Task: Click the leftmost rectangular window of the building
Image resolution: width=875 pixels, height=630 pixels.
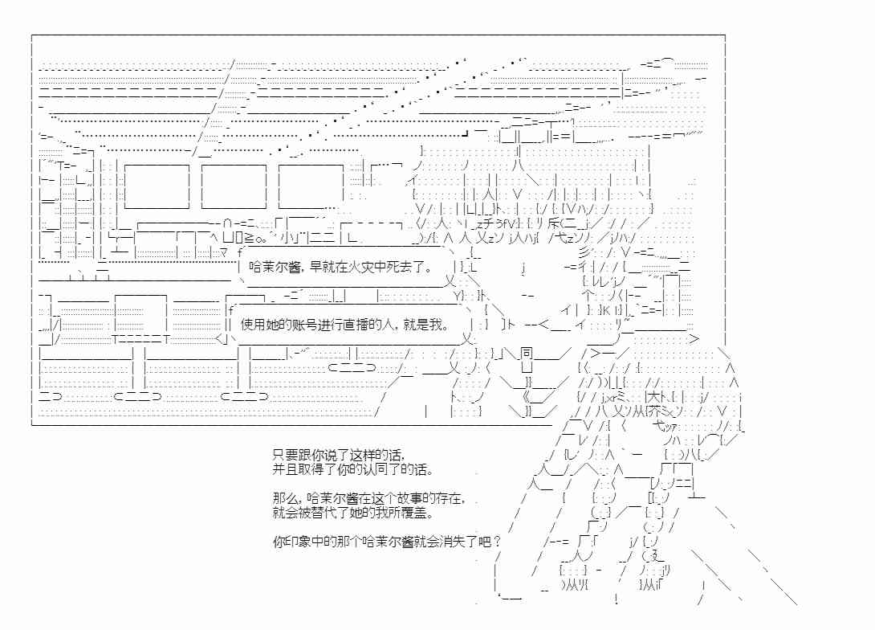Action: pyautogui.click(x=157, y=186)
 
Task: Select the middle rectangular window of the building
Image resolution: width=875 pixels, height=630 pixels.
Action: pyautogui.click(x=234, y=186)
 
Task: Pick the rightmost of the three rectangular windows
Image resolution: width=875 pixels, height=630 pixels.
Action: pyautogui.click(x=311, y=186)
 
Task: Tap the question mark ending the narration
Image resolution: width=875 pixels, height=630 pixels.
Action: pyautogui.click(x=497, y=541)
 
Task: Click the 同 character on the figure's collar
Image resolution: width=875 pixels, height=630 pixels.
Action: pyautogui.click(x=527, y=353)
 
